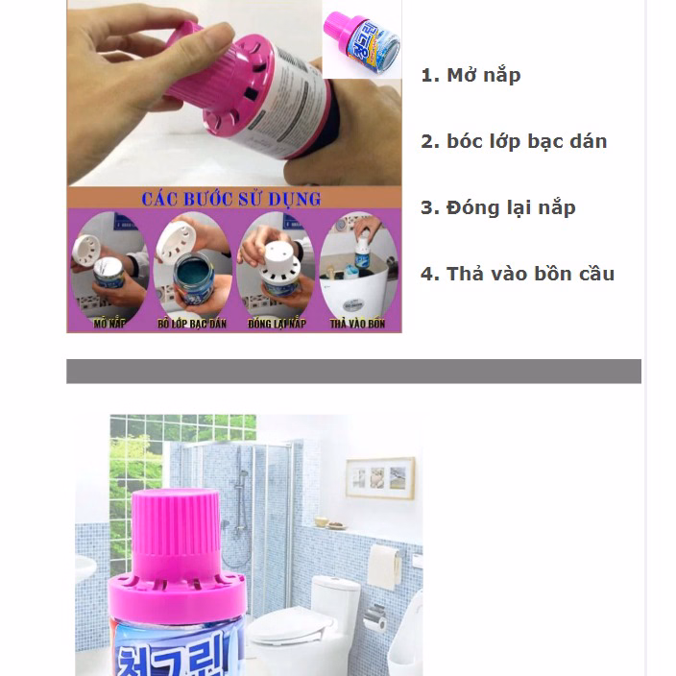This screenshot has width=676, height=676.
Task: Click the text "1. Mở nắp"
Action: click(471, 75)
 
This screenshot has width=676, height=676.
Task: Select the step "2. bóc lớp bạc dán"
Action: click(514, 141)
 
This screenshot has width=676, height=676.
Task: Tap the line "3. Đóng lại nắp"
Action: click(497, 207)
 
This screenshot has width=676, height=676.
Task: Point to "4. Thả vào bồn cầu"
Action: click(517, 274)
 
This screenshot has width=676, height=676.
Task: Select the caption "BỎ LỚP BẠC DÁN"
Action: click(189, 325)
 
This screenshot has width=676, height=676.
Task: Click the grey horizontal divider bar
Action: click(353, 372)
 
